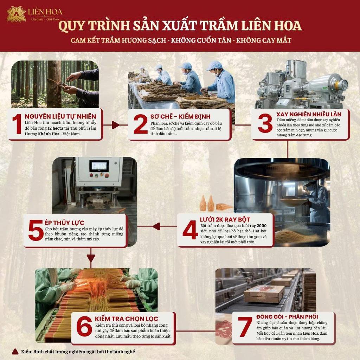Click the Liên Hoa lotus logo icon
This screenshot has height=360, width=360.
tap(16, 14)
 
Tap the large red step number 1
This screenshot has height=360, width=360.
tap(17, 124)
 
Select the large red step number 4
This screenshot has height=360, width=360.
tap(190, 230)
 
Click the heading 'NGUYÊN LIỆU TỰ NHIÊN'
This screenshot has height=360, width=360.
tap(60, 116)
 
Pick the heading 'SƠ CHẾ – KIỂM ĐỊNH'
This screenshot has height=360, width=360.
tap(180, 116)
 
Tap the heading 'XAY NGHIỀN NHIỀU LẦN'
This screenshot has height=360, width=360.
tap(309, 114)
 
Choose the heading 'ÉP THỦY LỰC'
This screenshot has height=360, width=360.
tap(65, 223)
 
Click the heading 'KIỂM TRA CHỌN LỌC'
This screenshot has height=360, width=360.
tap(127, 319)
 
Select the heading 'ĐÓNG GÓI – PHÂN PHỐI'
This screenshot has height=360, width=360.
tap(287, 317)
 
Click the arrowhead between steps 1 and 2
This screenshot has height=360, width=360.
tap(116, 125)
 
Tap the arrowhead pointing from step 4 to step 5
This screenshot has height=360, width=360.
tap(156, 226)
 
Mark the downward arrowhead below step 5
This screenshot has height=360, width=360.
tap(91, 258)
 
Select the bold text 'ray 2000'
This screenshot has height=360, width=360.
tap(258, 225)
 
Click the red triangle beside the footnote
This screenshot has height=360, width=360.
tap(15, 351)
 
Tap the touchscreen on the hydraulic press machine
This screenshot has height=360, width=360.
tap(99, 166)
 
